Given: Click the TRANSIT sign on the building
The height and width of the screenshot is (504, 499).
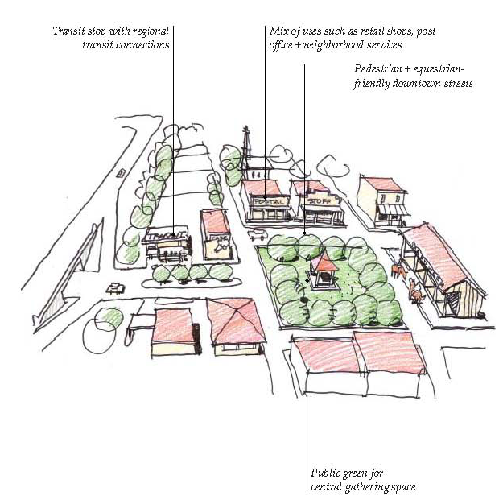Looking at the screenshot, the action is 167,236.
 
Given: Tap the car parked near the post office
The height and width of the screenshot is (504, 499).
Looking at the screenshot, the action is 258,235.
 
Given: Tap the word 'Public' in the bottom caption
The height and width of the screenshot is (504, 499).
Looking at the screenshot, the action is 325,473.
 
